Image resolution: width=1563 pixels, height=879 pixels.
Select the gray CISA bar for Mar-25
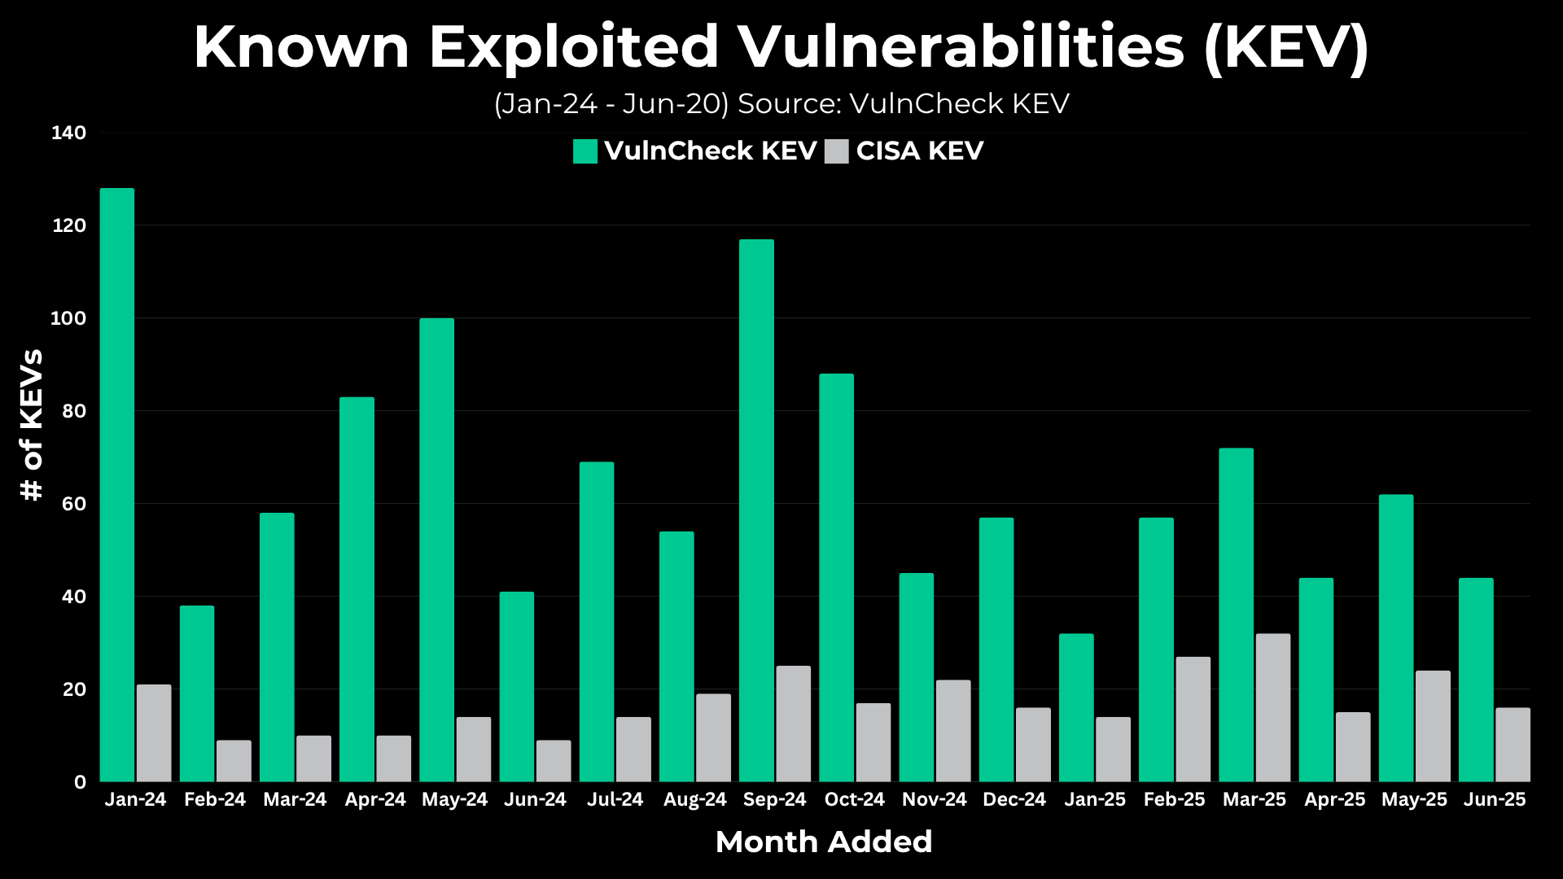coord(1273,708)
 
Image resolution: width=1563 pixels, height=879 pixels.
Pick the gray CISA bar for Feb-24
coord(234,761)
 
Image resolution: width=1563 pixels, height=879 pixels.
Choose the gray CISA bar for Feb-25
coord(1193,719)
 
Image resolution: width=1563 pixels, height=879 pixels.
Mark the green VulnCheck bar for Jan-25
coord(1076,708)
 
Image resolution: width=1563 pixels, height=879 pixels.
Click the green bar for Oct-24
coord(836,578)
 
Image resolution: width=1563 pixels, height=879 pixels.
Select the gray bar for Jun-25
coord(1513,745)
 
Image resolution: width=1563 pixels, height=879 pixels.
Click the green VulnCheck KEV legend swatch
coord(585,151)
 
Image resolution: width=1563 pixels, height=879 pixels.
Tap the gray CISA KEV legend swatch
coord(836,151)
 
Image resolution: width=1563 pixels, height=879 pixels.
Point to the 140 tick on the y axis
coord(69,133)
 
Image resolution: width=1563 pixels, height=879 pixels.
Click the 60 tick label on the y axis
coord(73,504)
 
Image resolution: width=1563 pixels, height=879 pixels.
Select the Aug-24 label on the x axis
coord(694,799)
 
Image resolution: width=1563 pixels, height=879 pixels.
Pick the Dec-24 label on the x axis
coord(1014,799)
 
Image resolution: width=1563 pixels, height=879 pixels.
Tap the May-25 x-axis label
coord(1414,799)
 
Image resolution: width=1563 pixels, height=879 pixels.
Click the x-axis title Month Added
coord(824,842)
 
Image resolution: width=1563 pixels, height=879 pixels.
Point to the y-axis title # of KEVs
coord(31,425)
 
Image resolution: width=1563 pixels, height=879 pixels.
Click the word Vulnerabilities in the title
coord(961,46)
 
